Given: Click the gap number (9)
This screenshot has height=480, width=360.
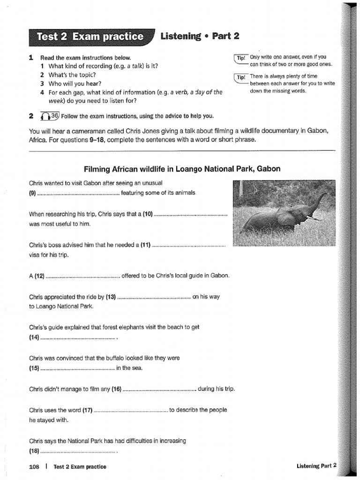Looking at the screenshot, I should click(x=32, y=193).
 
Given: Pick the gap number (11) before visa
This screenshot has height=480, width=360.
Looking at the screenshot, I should click(x=146, y=245).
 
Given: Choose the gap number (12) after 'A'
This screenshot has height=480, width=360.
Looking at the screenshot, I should click(x=39, y=276).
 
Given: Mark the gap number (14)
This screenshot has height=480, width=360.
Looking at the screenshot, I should click(x=34, y=337).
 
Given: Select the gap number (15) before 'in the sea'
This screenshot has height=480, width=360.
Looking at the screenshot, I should click(x=34, y=367).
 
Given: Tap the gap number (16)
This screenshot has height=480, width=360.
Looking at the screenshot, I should click(x=116, y=389).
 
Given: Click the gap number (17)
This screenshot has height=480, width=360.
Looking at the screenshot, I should click(x=87, y=410).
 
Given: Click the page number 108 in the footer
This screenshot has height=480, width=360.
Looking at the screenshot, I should click(x=34, y=466).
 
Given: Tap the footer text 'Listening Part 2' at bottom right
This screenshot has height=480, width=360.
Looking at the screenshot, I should click(x=316, y=465).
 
